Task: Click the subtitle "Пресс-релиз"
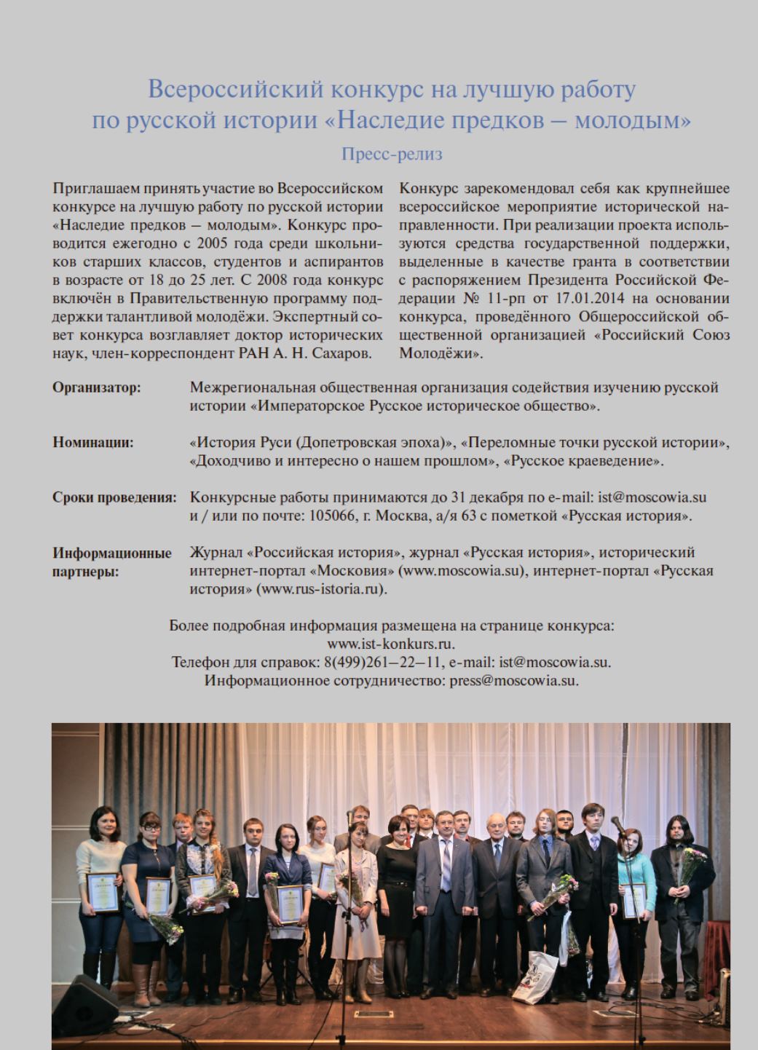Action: (x=392, y=154)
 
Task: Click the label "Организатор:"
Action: (x=96, y=387)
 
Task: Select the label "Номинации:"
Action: (x=92, y=442)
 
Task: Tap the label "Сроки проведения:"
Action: (x=114, y=497)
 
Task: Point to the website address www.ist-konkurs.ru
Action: (x=391, y=644)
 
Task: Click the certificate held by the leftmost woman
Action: (x=103, y=891)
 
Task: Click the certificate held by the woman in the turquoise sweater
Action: (x=633, y=900)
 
